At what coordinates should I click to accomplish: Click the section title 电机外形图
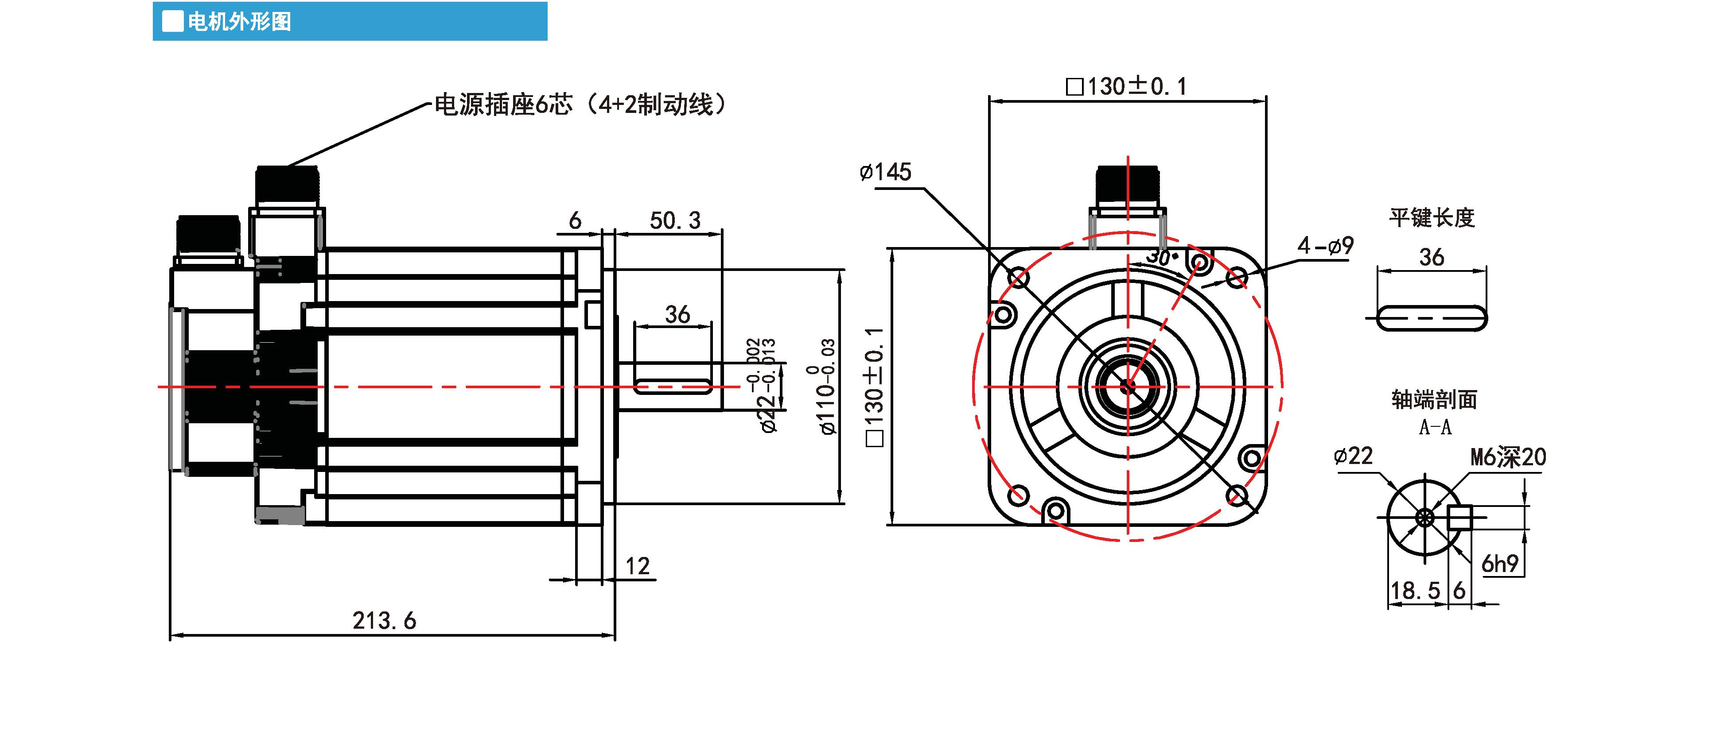(239, 22)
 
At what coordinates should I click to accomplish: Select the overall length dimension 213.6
(384, 621)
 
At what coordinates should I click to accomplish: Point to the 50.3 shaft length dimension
(675, 220)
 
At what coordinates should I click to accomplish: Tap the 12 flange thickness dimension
(637, 566)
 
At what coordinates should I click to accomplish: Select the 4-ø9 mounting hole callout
(1325, 246)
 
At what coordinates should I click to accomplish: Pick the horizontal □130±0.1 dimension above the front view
(1126, 86)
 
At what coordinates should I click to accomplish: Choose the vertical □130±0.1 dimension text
(874, 387)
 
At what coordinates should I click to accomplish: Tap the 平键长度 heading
(1432, 217)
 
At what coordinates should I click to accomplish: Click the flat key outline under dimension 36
(1432, 318)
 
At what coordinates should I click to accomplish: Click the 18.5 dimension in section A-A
(1415, 591)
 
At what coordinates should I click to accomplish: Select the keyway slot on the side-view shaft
(672, 386)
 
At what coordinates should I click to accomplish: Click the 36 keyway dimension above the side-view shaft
(677, 314)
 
